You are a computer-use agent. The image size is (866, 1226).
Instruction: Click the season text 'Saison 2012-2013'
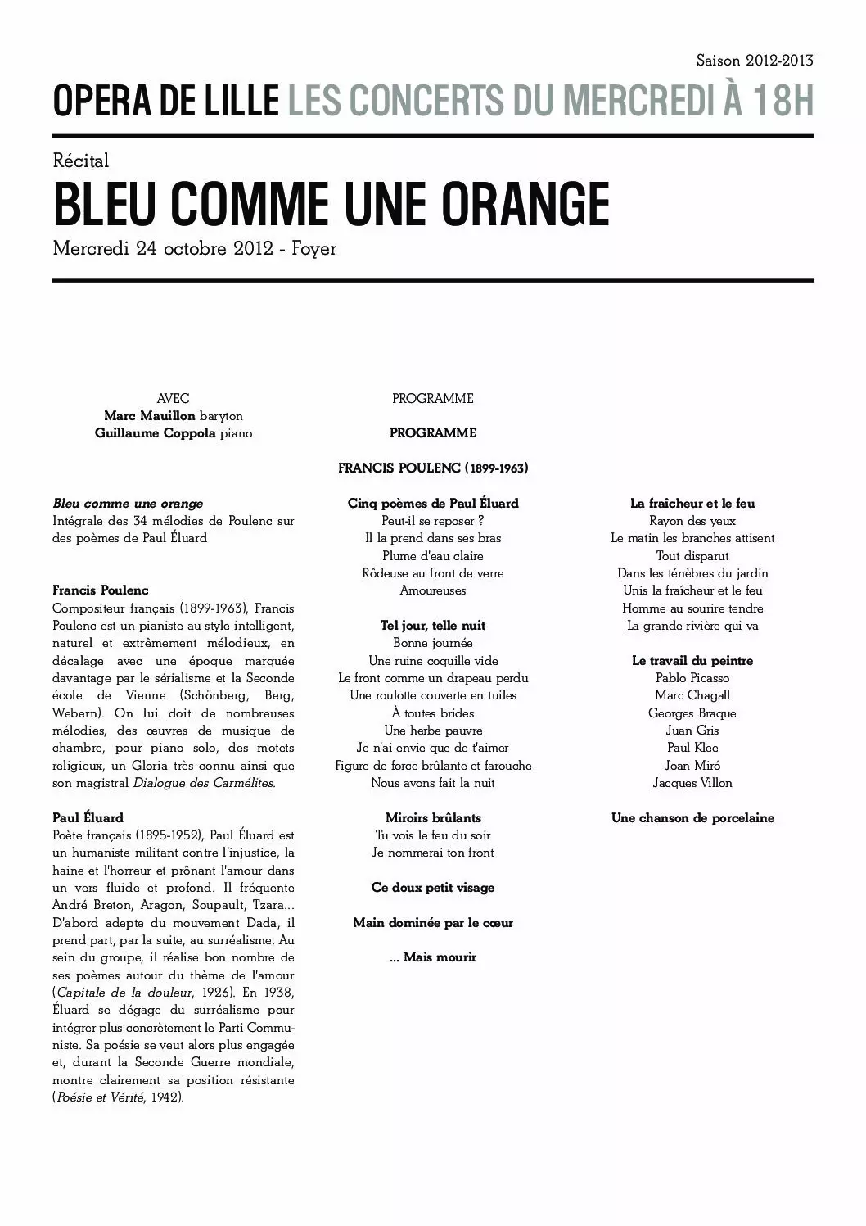[x=754, y=61]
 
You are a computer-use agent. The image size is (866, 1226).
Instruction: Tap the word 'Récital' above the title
[x=80, y=161]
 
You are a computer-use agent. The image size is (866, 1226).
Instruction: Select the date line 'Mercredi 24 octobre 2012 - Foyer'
[x=194, y=248]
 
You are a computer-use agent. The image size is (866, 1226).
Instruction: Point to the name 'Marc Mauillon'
[x=149, y=416]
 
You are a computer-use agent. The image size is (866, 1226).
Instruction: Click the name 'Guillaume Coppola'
[x=155, y=433]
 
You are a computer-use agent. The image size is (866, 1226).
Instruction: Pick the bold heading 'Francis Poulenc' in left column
[x=100, y=590]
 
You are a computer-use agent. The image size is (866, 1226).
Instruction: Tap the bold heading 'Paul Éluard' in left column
[x=88, y=817]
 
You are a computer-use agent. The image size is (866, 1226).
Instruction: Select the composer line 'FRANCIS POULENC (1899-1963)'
[x=432, y=468]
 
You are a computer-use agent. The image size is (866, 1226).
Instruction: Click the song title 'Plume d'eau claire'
[x=432, y=555]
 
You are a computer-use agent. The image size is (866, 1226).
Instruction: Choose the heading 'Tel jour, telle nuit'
[x=432, y=626]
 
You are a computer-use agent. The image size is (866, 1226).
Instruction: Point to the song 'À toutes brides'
[x=432, y=713]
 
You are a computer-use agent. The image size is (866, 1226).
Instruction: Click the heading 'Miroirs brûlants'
[x=432, y=817]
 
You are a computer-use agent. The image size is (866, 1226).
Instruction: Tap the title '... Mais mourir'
[x=432, y=957]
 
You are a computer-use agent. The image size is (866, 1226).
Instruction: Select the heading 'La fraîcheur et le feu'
[x=692, y=504]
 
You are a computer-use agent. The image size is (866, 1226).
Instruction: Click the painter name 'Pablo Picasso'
[x=692, y=678]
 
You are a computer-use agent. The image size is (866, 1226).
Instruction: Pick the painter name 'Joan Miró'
[x=692, y=765]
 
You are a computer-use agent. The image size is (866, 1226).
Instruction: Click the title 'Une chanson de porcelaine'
[x=692, y=817]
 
